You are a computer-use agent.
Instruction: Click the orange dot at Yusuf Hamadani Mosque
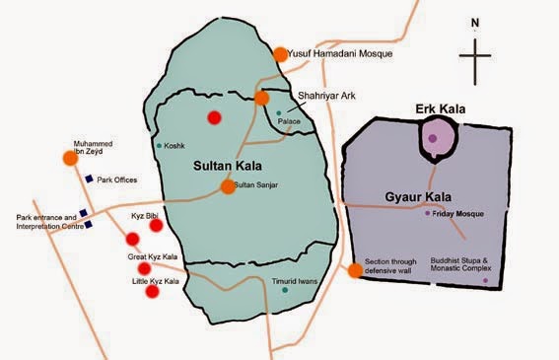point(280,55)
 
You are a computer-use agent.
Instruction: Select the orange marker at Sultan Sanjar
point(228,184)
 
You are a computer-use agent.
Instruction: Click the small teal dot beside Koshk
point(159,146)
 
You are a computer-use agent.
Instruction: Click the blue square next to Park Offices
point(88,180)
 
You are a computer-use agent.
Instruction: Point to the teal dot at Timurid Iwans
point(285,290)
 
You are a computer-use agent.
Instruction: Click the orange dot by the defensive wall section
point(355,271)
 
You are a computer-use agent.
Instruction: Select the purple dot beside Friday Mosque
point(427,213)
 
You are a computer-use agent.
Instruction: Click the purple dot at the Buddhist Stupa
point(484,281)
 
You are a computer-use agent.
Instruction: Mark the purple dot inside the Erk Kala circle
point(432,138)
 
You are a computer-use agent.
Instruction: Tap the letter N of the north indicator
point(475,22)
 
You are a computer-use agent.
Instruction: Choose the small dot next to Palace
point(279,112)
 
